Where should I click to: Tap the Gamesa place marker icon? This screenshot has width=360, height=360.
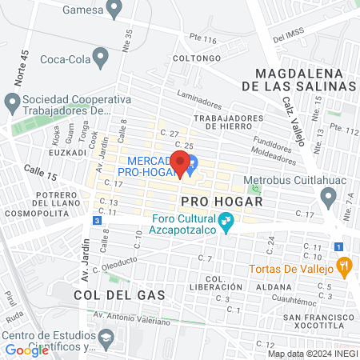coord(114,9)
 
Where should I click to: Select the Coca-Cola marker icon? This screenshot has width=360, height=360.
coord(100,56)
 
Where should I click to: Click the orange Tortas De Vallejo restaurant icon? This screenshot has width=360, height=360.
coord(345,266)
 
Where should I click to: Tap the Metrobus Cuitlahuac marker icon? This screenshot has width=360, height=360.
coord(328,196)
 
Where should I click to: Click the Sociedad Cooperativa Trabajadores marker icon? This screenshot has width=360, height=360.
coord(11,102)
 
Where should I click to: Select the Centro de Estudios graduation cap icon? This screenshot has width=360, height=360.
coord(105,339)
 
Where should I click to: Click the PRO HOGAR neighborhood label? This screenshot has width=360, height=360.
coord(211,201)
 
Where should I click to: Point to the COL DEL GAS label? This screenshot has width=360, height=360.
coord(118,295)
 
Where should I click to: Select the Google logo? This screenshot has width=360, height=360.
coord(26,350)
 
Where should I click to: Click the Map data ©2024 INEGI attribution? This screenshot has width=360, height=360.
coord(312,354)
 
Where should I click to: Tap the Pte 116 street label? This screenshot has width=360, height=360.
coord(202,39)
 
